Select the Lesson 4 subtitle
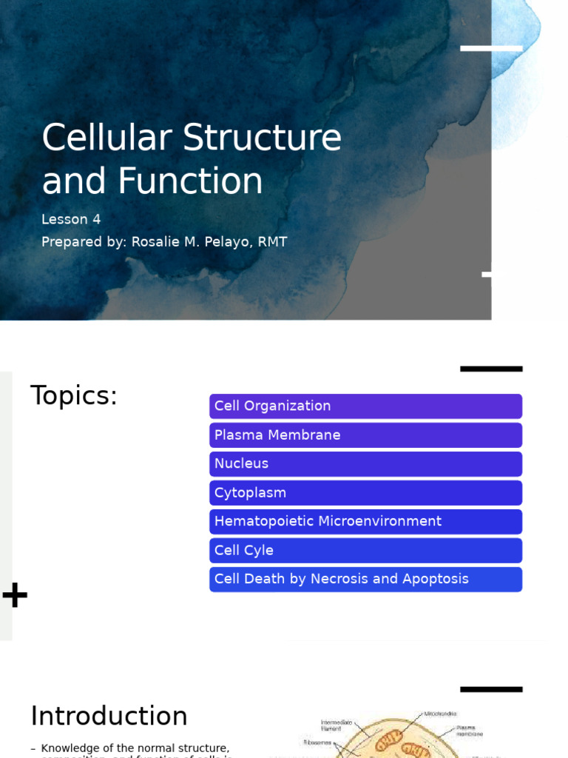coord(71,219)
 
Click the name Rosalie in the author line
coord(176,242)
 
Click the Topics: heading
coord(74,396)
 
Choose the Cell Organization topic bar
coord(365,406)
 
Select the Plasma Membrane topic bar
coord(365,435)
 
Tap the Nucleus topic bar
coord(365,464)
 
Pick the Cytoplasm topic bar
coord(365,493)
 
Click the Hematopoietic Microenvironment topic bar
coord(365,522)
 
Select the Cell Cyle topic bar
coord(365,551)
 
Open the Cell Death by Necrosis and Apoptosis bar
coord(365,580)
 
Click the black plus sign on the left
coord(15,595)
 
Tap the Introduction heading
coord(109,717)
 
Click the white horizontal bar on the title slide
coord(491,48)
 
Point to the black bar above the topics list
coord(491,369)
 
